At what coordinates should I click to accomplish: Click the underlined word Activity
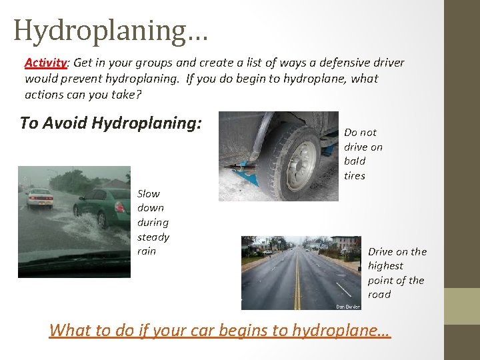pos(46,63)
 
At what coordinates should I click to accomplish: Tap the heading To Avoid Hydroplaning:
pos(111,123)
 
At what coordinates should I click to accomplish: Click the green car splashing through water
pos(103,207)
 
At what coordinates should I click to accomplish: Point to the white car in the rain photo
pos(39,197)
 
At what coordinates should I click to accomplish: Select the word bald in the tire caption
pos(355,161)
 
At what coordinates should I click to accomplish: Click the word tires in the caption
pos(355,176)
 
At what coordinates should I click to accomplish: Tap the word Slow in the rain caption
pos(149,193)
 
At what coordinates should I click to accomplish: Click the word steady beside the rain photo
pos(153,237)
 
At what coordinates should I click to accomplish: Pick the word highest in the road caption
pos(385,265)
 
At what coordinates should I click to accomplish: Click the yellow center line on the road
pos(297,287)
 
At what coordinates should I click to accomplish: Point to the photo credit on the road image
pos(348,307)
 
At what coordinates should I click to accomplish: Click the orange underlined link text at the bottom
pos(219,330)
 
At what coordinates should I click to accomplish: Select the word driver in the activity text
pos(387,63)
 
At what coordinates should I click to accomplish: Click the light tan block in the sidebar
pos(462,306)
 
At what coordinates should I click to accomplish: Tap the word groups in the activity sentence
pos(153,63)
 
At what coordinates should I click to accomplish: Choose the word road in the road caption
pos(379,295)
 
